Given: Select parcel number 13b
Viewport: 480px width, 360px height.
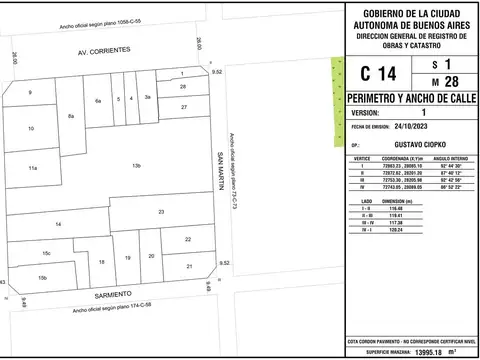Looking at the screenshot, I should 137,165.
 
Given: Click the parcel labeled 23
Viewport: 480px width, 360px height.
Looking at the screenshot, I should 161,212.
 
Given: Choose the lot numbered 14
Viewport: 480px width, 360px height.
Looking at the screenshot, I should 59,224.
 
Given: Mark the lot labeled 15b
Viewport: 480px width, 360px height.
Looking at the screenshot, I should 42,277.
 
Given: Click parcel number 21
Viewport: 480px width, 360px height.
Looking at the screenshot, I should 190,267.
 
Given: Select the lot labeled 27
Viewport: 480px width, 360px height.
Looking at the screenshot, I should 184,105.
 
